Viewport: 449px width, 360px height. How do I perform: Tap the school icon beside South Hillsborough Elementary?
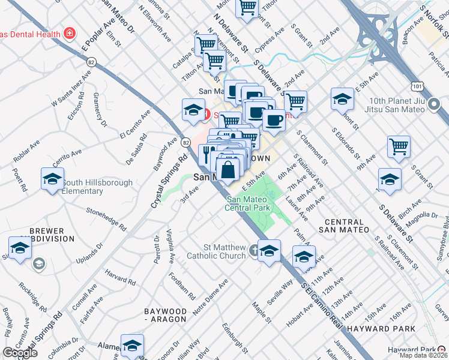[52, 179]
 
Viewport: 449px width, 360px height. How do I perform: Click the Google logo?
[20, 353]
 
